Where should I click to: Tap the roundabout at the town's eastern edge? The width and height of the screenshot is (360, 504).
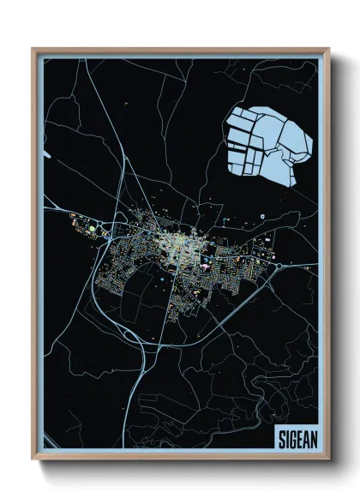click(x=281, y=265)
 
